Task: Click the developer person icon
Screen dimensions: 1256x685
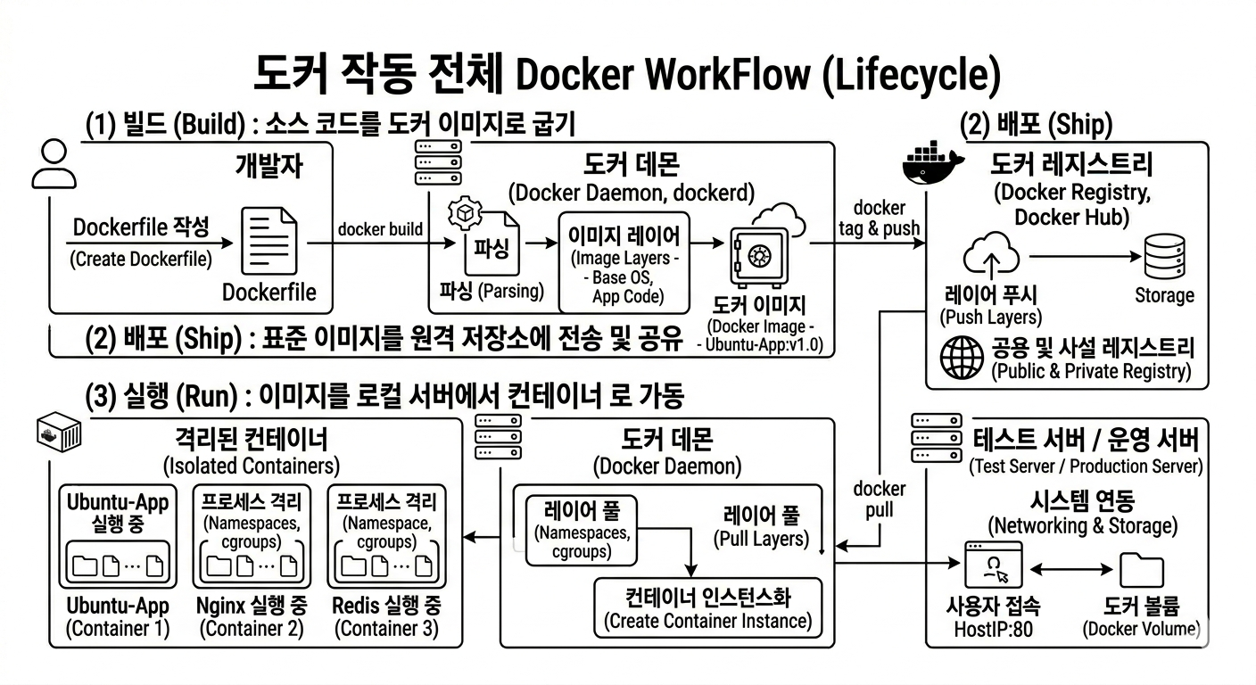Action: pyautogui.click(x=54, y=164)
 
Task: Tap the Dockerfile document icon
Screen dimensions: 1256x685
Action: pyautogui.click(x=269, y=241)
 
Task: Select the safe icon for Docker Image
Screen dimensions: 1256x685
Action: pyautogui.click(x=759, y=257)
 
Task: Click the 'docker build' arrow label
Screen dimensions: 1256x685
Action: pyautogui.click(x=380, y=228)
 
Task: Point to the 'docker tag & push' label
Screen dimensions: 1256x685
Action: pyautogui.click(x=880, y=218)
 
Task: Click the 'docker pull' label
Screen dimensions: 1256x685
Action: pyautogui.click(x=880, y=499)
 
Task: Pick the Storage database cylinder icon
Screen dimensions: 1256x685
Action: pyautogui.click(x=1165, y=257)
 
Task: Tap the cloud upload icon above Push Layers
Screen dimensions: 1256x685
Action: pyautogui.click(x=991, y=255)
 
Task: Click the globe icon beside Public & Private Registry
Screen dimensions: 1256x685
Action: pyautogui.click(x=963, y=358)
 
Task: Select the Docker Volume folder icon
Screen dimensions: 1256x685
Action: pyautogui.click(x=1142, y=570)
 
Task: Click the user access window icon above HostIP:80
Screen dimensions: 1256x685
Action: pyautogui.click(x=993, y=565)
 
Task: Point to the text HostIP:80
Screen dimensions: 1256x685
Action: pyautogui.click(x=993, y=629)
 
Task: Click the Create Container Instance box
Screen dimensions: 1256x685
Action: pyautogui.click(x=708, y=608)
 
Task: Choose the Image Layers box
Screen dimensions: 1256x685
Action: pyautogui.click(x=624, y=262)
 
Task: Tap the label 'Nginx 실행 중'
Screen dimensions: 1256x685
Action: pyautogui.click(x=252, y=606)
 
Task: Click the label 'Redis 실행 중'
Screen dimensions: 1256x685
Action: pyautogui.click(x=387, y=606)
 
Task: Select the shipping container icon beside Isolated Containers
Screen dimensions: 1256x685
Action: pyautogui.click(x=59, y=433)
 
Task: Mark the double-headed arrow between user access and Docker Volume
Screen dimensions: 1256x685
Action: pyautogui.click(x=1071, y=570)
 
